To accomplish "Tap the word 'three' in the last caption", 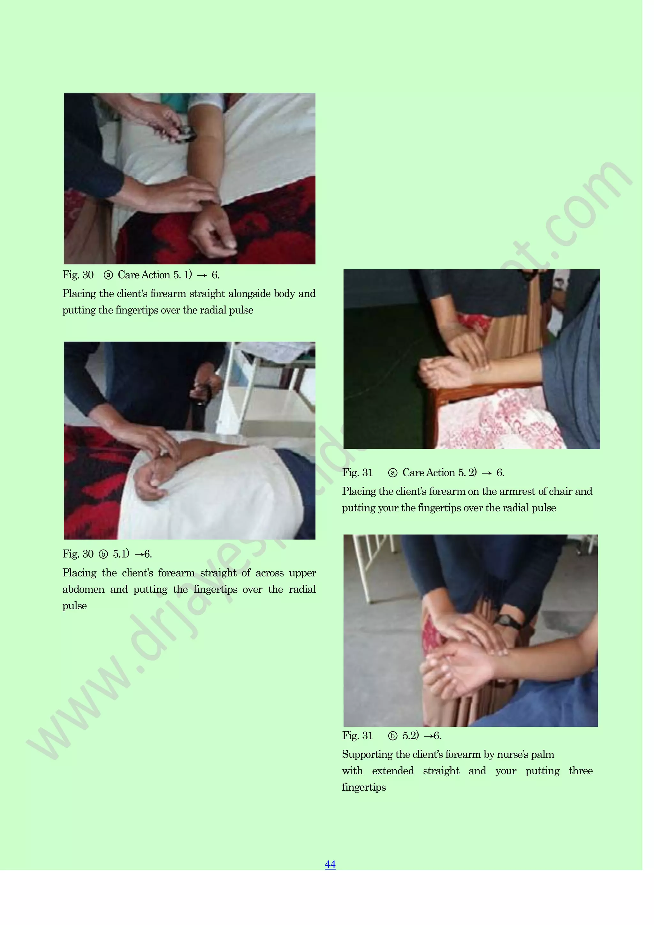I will point(580,771).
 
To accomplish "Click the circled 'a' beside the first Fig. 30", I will point(108,275).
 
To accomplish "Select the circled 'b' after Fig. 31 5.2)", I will point(392,736).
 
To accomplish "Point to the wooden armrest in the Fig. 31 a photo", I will point(455,391).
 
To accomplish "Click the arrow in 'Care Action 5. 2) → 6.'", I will point(486,473).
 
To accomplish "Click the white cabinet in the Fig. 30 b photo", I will point(274,407).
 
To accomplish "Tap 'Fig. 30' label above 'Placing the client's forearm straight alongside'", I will point(78,275).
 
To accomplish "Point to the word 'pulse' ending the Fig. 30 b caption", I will point(74,606).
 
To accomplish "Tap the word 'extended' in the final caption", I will point(392,771).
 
